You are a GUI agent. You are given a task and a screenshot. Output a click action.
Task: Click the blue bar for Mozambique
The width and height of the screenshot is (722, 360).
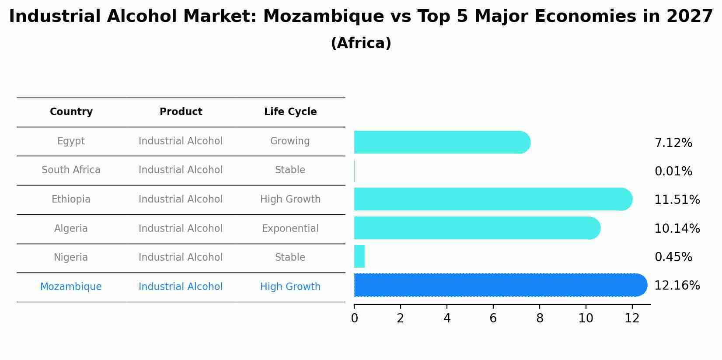(499, 285)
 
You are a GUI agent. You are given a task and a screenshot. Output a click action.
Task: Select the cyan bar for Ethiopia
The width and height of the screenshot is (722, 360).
(492, 199)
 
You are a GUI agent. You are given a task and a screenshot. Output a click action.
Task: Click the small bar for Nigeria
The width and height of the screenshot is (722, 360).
(359, 256)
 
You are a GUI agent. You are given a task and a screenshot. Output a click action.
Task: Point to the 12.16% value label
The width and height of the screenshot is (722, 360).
(677, 286)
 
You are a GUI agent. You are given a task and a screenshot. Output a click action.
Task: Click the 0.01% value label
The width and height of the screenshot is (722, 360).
(673, 171)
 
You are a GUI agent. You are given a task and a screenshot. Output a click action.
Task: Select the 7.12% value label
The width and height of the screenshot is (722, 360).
(673, 143)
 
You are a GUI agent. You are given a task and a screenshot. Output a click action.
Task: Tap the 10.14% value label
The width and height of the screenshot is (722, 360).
(677, 229)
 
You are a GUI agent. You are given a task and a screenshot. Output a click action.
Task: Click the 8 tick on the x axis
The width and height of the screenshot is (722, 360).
(540, 318)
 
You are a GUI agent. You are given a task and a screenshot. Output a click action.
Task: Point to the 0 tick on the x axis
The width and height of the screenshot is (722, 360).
(354, 318)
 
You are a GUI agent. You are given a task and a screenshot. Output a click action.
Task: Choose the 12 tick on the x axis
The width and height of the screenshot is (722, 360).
(632, 318)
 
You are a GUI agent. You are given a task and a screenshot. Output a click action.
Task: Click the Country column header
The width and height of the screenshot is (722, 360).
(71, 112)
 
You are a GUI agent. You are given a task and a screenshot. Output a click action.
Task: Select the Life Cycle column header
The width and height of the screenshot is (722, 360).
(290, 112)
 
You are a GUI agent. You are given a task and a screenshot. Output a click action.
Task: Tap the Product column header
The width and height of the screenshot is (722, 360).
(181, 112)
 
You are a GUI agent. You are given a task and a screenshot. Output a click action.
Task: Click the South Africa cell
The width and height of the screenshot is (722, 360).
(71, 170)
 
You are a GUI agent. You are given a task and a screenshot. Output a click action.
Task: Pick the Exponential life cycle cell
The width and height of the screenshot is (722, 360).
(290, 229)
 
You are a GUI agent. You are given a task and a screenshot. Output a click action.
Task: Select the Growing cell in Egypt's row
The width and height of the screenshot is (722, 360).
(290, 141)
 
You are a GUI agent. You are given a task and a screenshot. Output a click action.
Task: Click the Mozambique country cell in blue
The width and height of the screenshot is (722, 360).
(71, 287)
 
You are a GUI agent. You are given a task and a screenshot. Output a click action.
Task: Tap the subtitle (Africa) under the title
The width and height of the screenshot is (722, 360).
(361, 43)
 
